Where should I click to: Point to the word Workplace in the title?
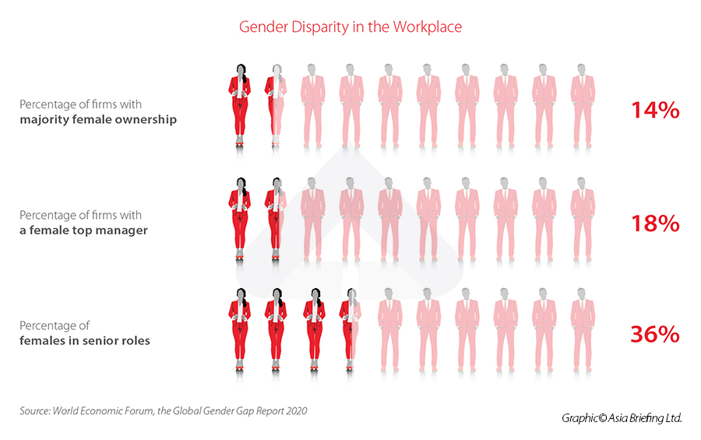(426, 27)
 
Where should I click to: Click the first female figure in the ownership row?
(239, 105)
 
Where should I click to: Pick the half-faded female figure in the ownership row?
(276, 105)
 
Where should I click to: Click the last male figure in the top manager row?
(582, 216)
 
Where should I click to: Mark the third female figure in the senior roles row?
(314, 329)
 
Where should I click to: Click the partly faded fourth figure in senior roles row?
(350, 329)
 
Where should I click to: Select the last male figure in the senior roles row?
(582, 327)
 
